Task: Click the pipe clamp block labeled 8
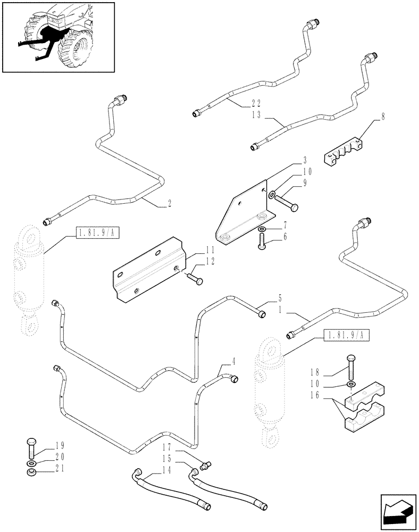coord(343,152)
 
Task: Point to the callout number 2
coord(170,203)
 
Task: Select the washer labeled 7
coord(261,230)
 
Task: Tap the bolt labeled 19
coord(31,449)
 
